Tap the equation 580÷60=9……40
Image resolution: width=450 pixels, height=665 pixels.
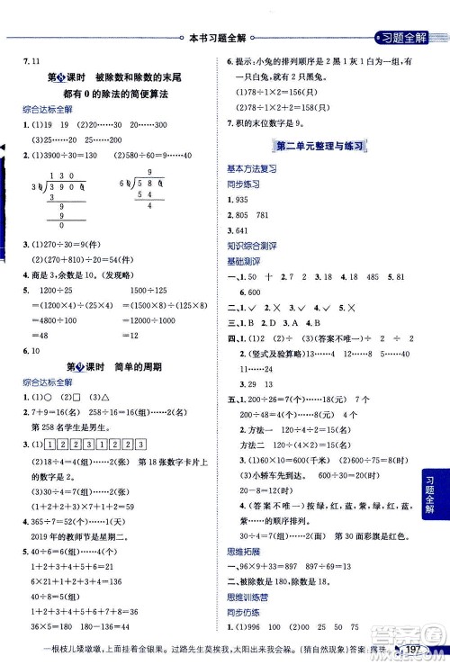167,157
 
